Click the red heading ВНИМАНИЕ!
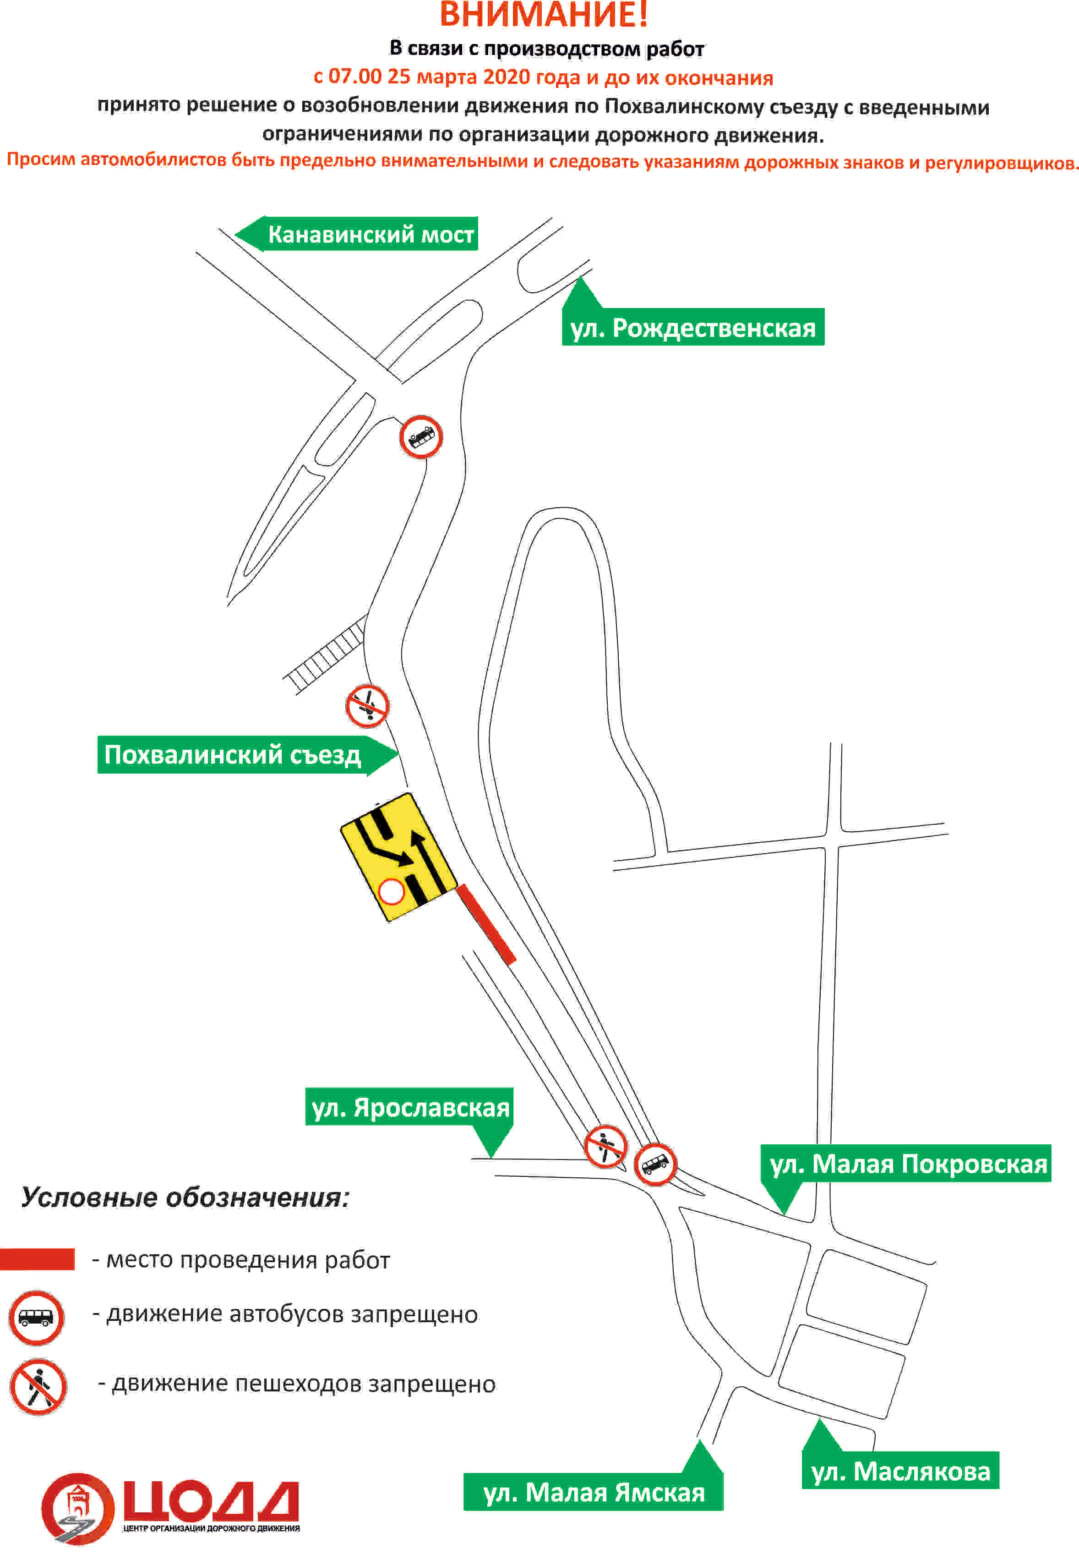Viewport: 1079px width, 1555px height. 544,14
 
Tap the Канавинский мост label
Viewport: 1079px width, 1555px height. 371,234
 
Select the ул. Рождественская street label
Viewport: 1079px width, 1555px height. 693,328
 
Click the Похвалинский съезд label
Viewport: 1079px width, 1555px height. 233,755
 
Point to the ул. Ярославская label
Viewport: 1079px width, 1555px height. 410,1107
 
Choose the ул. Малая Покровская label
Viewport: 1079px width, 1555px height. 908,1163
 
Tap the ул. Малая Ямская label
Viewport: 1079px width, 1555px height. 594,1492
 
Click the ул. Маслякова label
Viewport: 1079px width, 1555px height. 900,1471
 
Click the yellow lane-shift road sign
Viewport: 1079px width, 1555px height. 398,857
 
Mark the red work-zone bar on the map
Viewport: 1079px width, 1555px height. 486,923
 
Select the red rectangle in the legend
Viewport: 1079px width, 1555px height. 37,1259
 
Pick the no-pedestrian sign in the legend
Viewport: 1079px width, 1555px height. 38,1387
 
